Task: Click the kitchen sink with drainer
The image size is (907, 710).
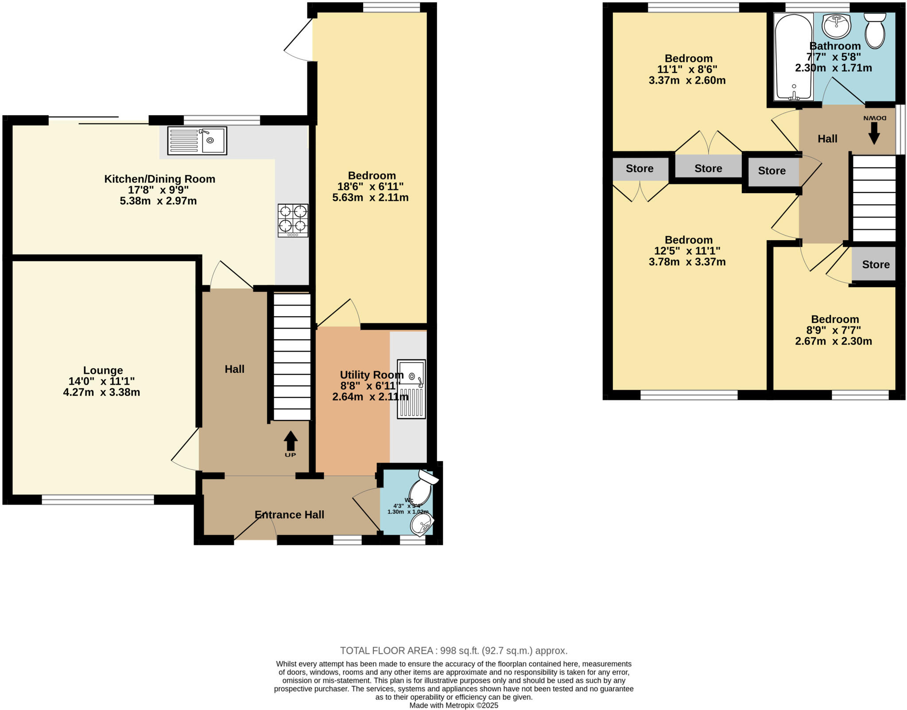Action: click(197, 140)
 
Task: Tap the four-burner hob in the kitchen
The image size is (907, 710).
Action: click(293, 220)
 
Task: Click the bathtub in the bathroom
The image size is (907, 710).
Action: click(793, 56)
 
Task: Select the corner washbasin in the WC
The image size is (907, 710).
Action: click(421, 525)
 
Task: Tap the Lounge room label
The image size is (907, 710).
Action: click(103, 370)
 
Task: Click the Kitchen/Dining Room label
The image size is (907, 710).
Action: click(159, 179)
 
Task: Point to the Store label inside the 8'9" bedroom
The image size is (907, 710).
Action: click(876, 264)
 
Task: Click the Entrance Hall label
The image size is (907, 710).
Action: click(290, 515)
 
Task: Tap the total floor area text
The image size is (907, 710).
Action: click(453, 651)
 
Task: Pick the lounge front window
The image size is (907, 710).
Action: click(98, 500)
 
